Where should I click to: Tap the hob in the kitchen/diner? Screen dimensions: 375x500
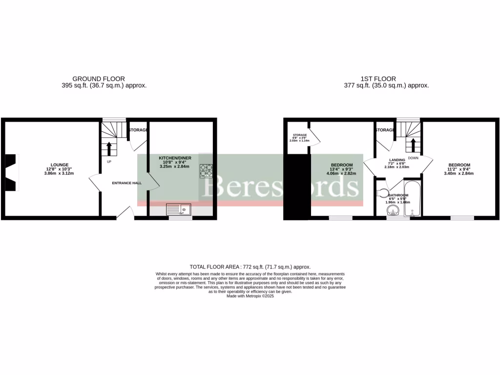point(206,170)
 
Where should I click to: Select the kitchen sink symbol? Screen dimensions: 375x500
point(179,210)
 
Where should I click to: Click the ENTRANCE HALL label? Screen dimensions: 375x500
point(126,183)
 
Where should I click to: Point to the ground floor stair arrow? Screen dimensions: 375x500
point(109,148)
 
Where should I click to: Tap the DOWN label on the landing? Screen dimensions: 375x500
point(413,158)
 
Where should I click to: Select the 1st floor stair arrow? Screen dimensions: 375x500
point(413,145)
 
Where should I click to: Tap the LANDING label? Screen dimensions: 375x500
point(396,160)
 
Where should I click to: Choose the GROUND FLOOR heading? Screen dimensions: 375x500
point(99,79)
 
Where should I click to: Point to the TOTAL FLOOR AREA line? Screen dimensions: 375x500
point(250,267)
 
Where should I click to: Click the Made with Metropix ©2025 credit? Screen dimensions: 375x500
point(250,296)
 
